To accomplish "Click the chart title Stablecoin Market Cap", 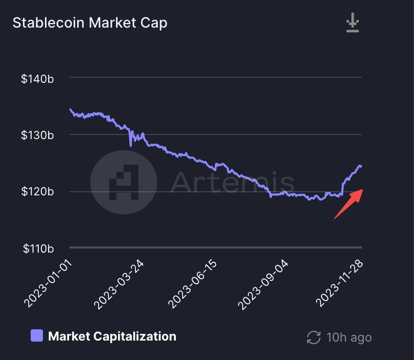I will [89, 23].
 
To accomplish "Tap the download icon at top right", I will [353, 24].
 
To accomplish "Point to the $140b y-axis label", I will [37, 79].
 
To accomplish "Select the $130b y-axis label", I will [37, 135].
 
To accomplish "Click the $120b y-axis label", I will [37, 192].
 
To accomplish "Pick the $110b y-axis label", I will [37, 249].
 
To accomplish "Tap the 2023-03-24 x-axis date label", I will [120, 284].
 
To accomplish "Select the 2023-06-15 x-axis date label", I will [193, 284].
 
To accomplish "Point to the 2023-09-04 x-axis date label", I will [265, 284].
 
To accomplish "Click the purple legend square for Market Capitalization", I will [37, 336].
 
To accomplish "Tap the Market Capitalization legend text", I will [112, 336].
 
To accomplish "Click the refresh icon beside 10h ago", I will [313, 337].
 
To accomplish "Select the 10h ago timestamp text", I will [349, 337].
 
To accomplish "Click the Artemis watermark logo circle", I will [124, 182].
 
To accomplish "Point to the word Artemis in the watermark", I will [233, 182].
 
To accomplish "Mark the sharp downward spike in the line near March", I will [130, 145].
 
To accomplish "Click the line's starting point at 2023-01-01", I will [70, 109].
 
